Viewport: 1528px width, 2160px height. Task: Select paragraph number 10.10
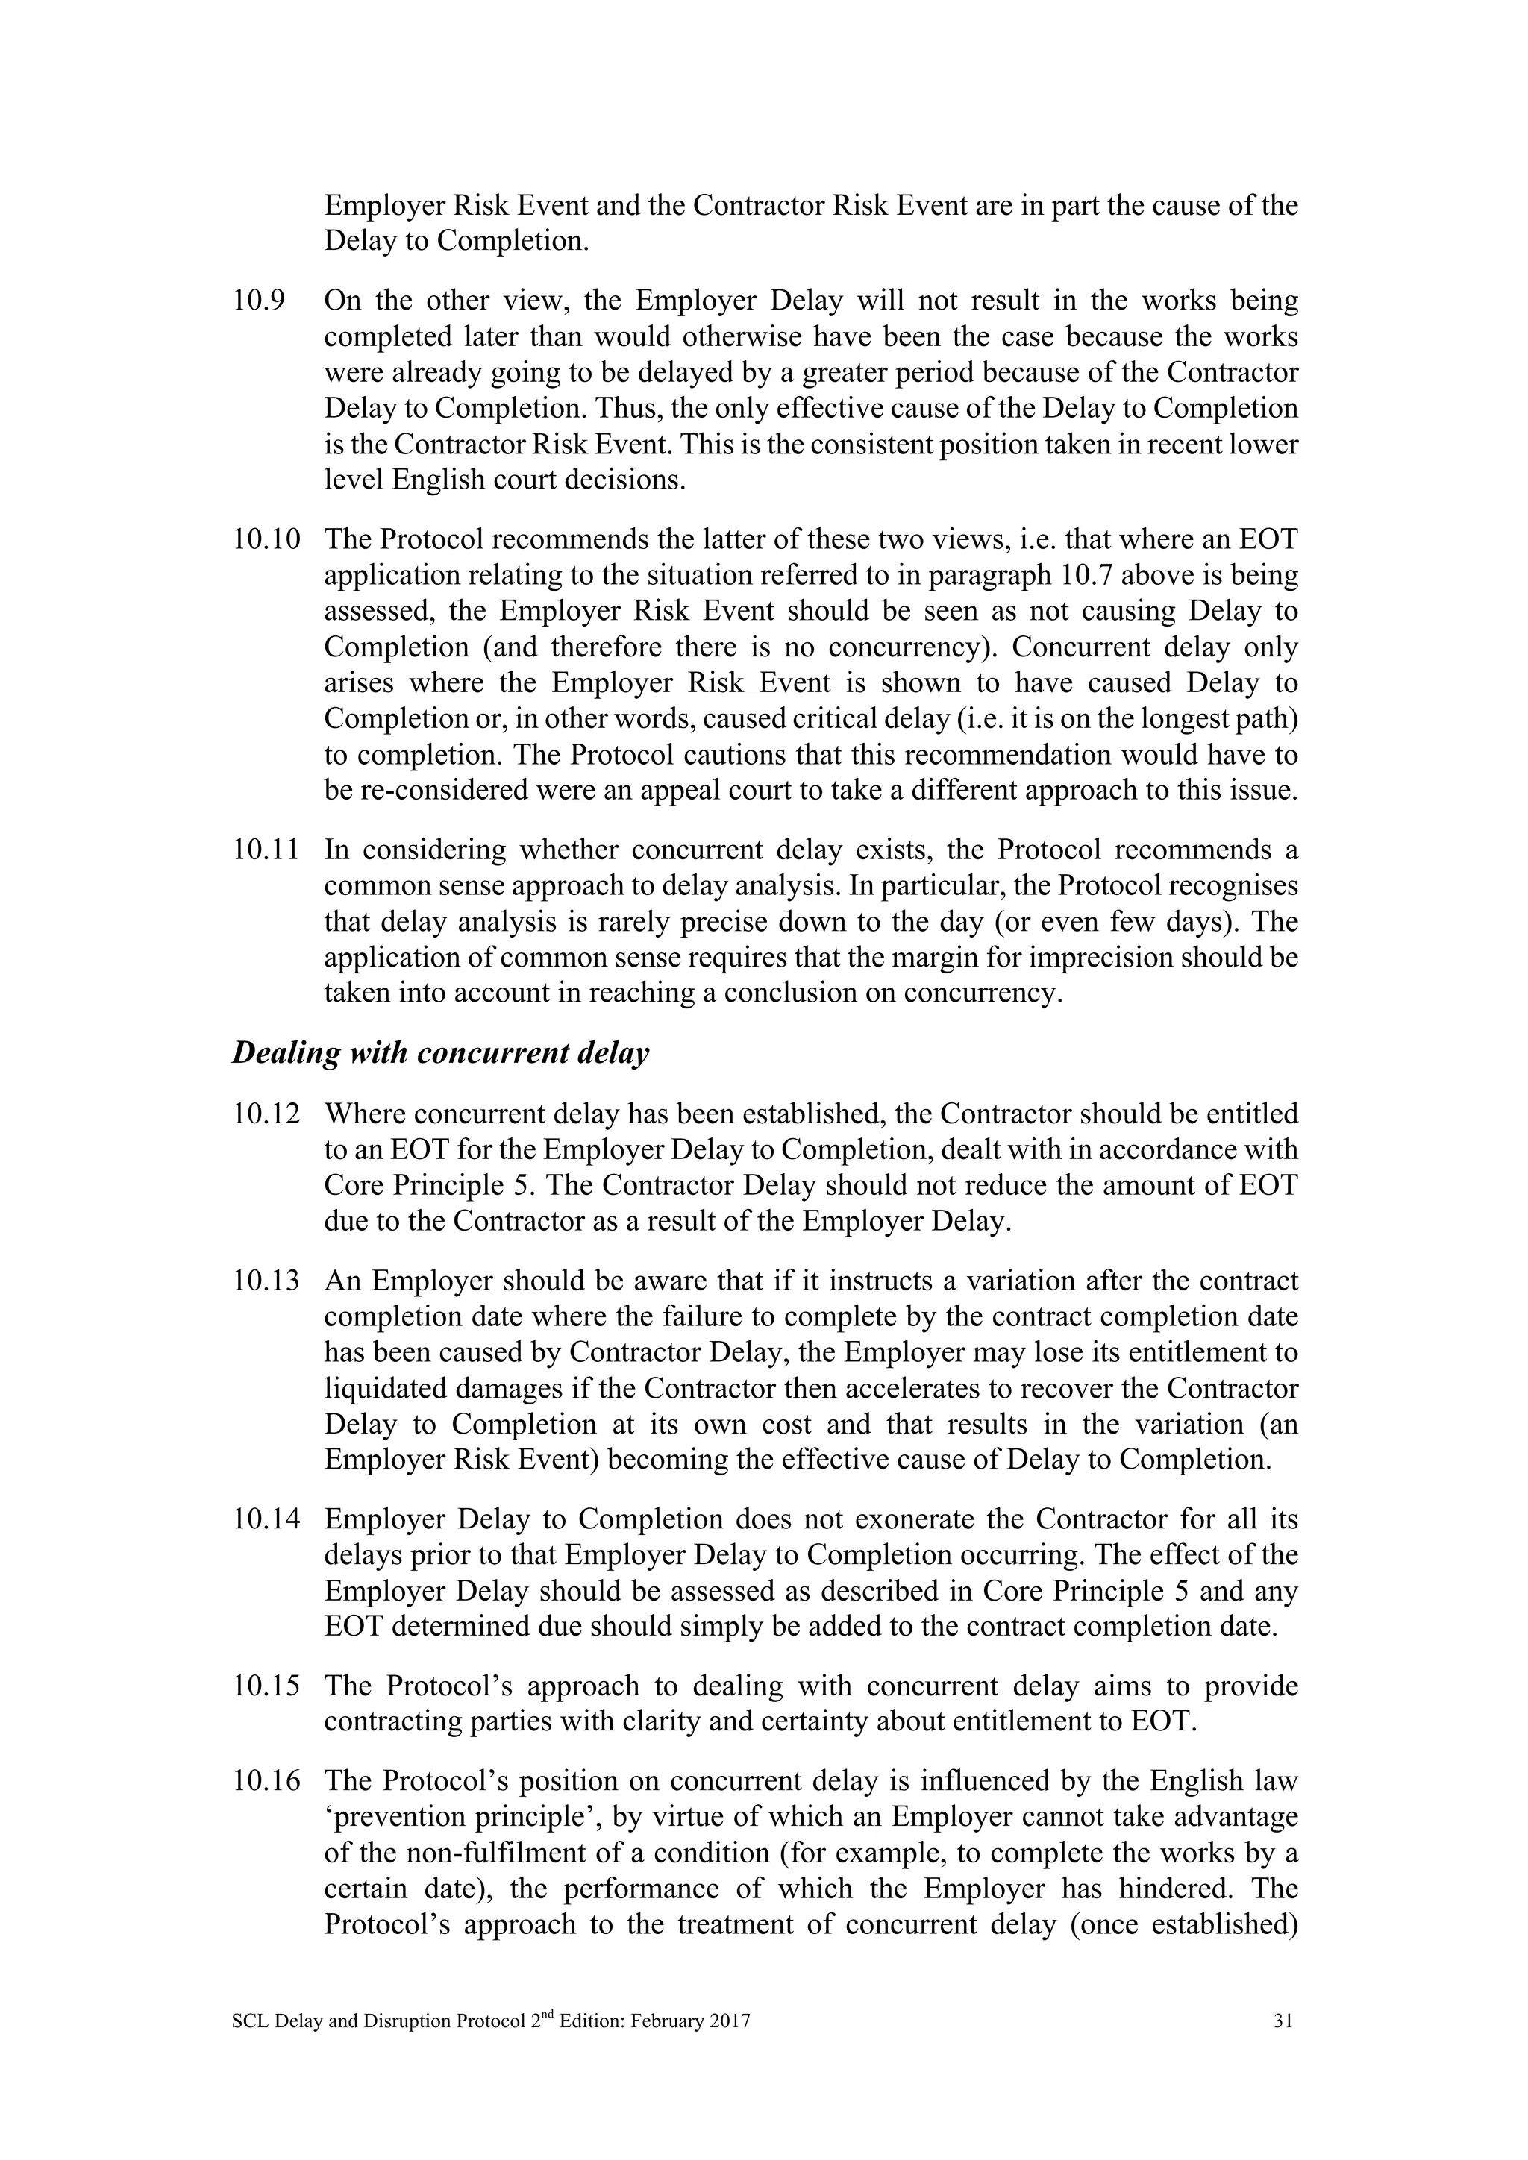pos(266,540)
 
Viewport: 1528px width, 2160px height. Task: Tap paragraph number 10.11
pos(266,850)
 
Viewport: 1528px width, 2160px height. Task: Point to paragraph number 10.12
pos(266,1114)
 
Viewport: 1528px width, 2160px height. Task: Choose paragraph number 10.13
pos(266,1281)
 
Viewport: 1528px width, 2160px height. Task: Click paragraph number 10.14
pos(266,1519)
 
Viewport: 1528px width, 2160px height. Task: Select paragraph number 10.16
pos(266,1782)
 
